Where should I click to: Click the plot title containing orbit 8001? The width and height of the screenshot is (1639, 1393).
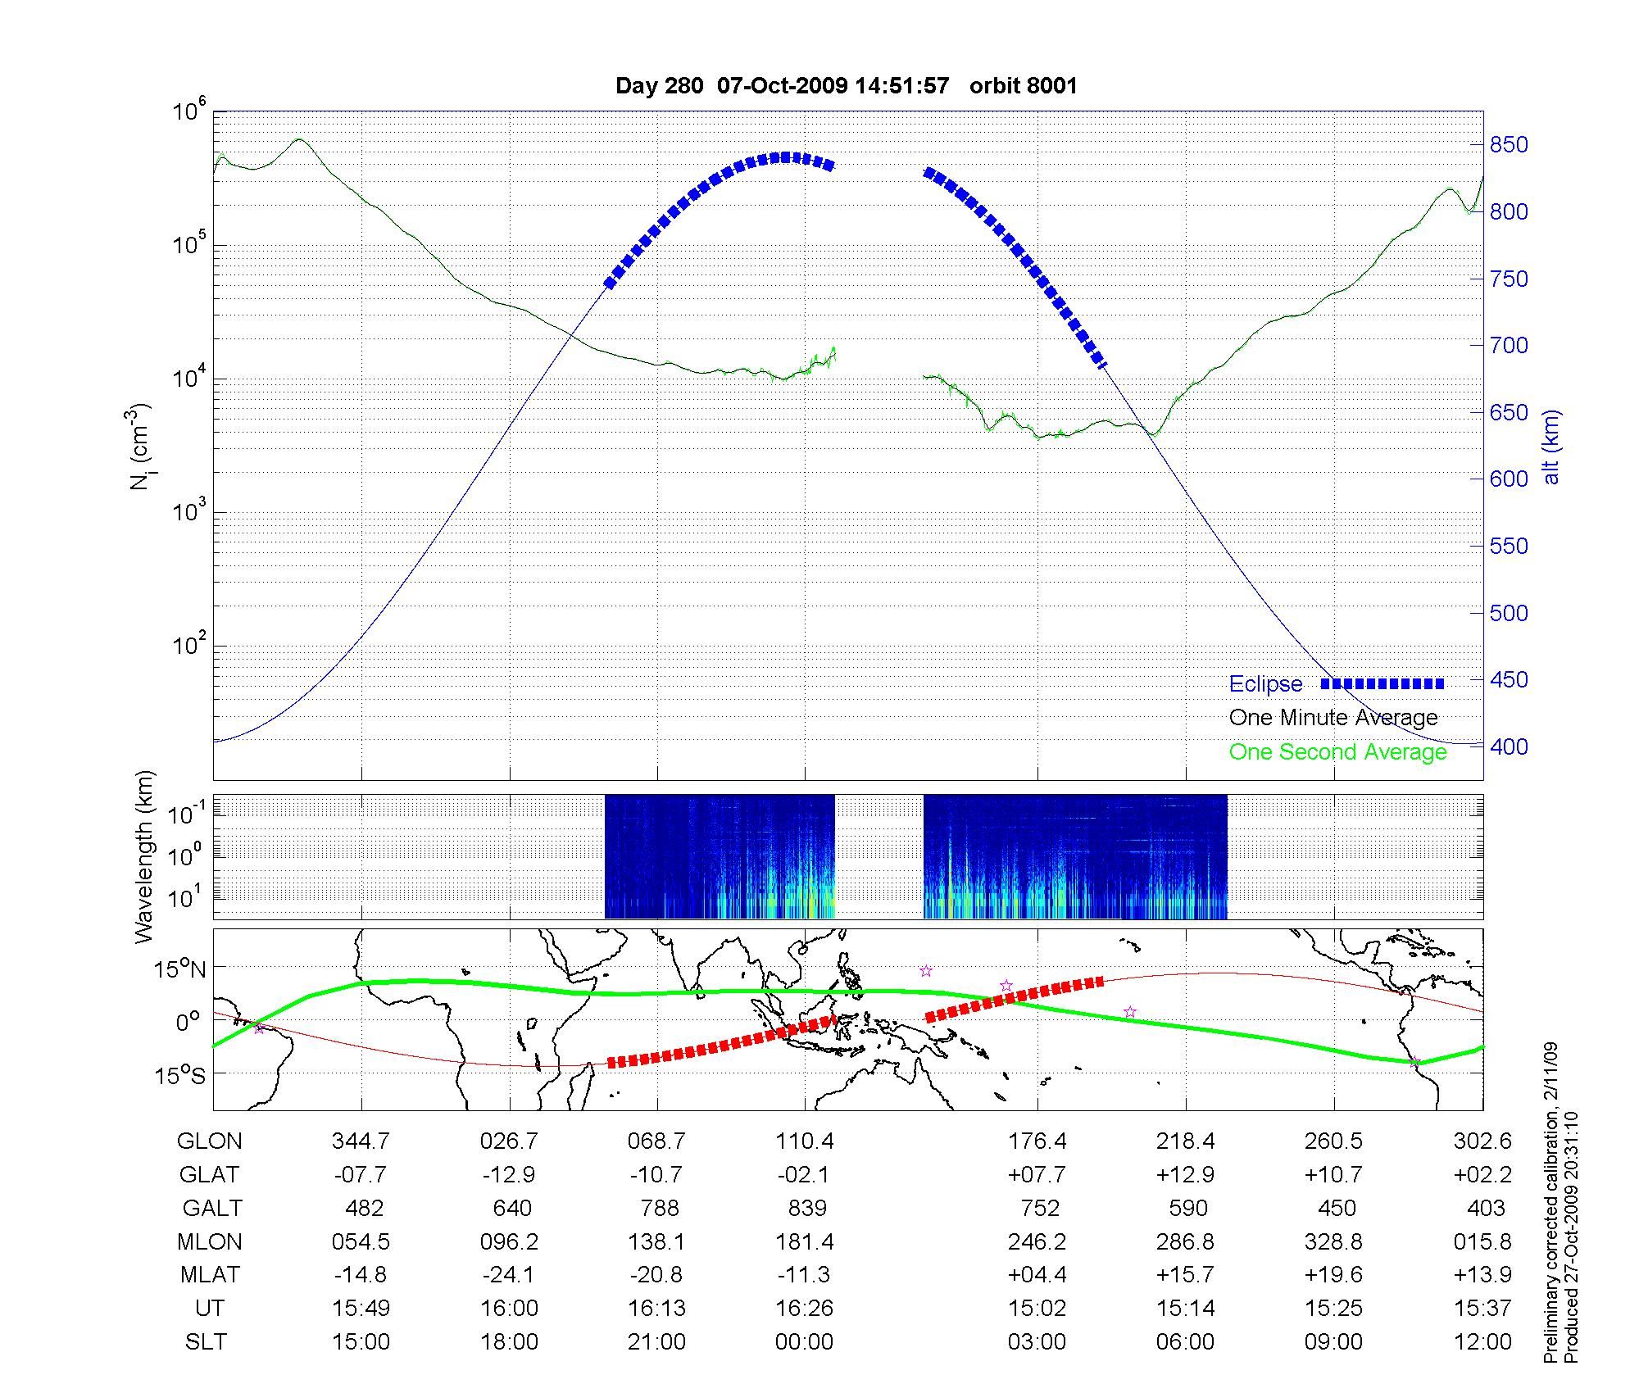[x=846, y=86]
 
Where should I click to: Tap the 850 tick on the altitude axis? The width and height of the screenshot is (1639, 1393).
[x=1509, y=145]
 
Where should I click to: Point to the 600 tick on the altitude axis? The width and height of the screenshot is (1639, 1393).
[x=1509, y=479]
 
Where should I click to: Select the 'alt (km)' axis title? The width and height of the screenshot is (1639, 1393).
[x=1551, y=447]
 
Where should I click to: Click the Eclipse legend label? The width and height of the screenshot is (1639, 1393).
[x=1265, y=684]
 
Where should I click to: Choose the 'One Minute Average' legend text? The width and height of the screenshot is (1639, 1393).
[x=1333, y=718]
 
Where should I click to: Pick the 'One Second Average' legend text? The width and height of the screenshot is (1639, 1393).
[x=1337, y=752]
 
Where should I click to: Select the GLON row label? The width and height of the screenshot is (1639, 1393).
[x=210, y=1141]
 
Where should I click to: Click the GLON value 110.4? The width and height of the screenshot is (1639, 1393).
[x=805, y=1141]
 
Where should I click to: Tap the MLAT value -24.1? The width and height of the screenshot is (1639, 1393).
[x=509, y=1275]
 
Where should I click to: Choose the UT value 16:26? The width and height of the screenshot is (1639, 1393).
[x=805, y=1309]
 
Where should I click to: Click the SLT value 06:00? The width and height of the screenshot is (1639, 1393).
[x=1185, y=1342]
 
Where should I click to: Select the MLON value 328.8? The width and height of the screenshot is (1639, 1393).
[x=1333, y=1242]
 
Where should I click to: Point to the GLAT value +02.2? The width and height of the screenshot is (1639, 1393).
[x=1482, y=1175]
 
